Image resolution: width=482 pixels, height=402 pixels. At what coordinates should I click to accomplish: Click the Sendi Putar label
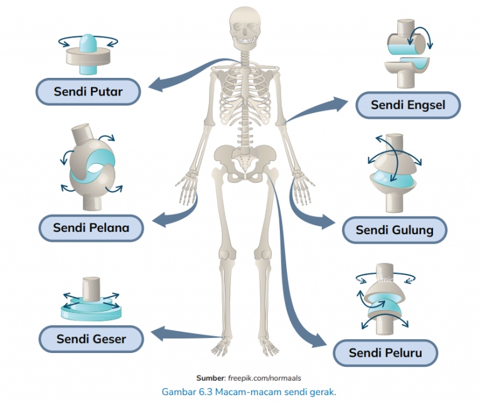87,92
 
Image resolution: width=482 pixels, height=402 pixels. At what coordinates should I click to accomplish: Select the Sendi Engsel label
407,104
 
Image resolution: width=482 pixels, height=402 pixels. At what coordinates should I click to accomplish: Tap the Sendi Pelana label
91,227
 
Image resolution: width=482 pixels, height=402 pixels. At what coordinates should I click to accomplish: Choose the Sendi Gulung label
394,230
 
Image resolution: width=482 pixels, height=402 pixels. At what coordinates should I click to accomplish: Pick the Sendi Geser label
91,339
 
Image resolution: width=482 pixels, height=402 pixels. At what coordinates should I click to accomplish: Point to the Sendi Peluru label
385,353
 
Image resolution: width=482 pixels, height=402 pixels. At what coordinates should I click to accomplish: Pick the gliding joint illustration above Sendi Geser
91,300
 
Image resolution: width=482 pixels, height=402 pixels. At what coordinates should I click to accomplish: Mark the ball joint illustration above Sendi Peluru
383,300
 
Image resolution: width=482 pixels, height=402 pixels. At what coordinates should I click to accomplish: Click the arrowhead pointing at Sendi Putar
153,82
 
